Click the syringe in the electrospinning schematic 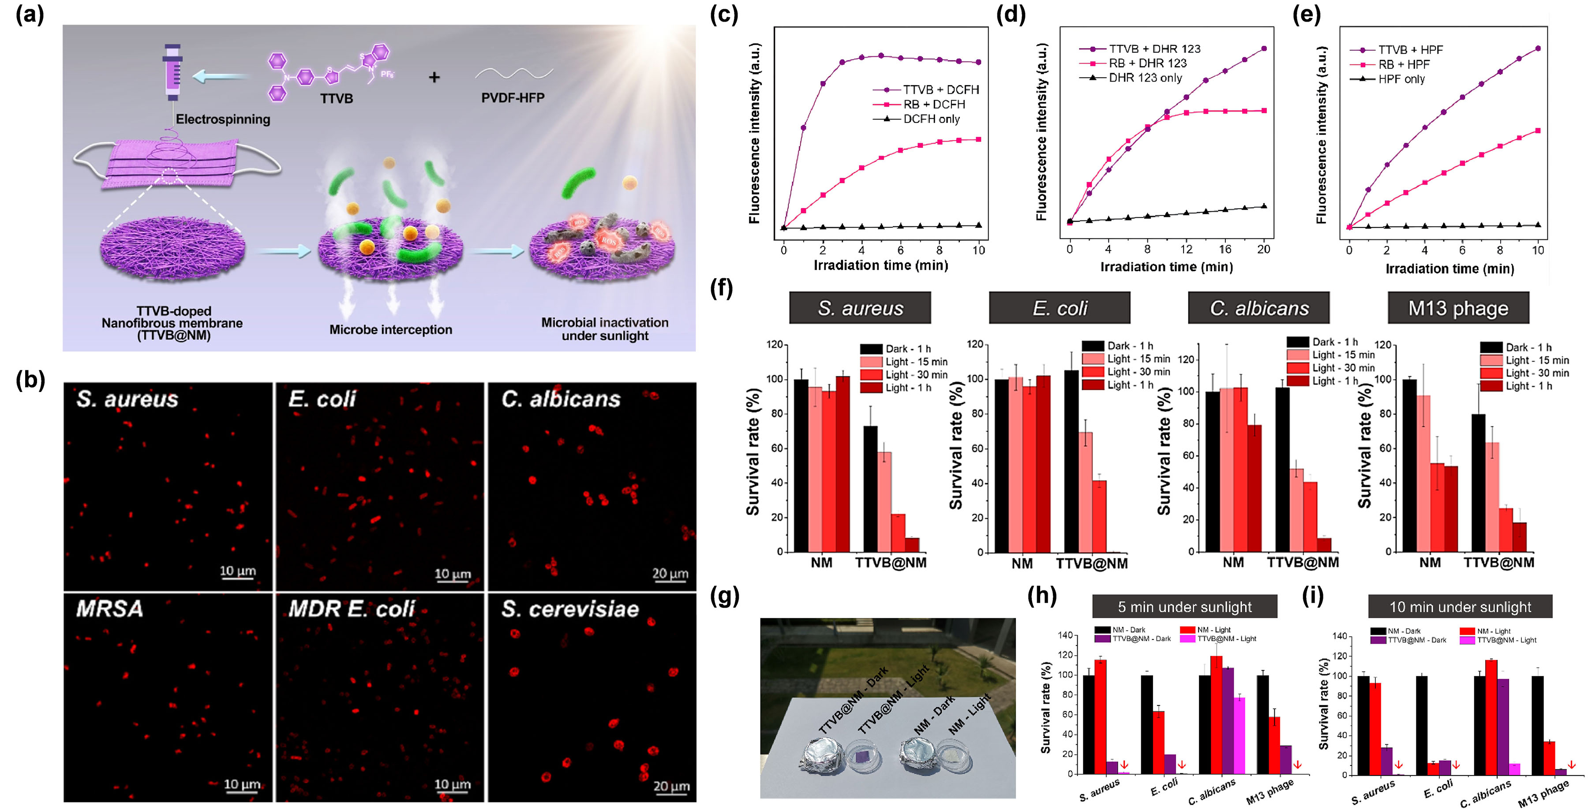172,73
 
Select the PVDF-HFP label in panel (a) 512,97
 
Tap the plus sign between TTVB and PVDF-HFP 434,77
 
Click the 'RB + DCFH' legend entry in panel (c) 933,104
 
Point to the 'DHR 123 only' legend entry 1145,78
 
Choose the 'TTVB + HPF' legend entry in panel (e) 1410,49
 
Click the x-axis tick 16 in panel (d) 1225,249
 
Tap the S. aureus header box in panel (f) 860,308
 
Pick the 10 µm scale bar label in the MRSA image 241,784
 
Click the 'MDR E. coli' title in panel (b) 352,609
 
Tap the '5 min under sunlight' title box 1184,607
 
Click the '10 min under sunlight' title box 1460,607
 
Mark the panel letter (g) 724,596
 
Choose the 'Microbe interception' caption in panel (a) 391,329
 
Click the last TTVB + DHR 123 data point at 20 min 1264,48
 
